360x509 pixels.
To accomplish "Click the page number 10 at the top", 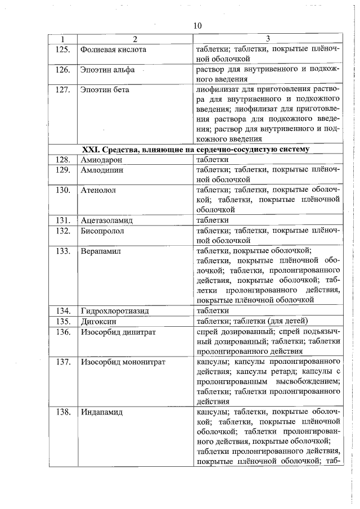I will [x=197, y=26].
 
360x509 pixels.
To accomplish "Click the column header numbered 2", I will [x=134, y=39].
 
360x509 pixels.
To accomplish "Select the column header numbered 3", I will [x=268, y=39].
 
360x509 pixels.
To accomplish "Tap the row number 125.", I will [x=63, y=49].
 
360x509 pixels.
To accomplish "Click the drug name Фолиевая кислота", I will [x=113, y=49].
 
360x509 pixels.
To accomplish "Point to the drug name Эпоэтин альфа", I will [x=106, y=71].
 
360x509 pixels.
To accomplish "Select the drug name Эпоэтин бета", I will [x=105, y=89].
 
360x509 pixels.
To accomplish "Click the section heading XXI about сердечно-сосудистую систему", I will [x=195, y=150].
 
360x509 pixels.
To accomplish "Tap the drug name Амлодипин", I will [x=101, y=170].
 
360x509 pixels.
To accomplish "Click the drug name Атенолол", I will [x=98, y=191].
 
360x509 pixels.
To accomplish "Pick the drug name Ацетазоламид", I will [x=106, y=220].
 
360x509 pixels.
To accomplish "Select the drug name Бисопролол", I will [x=102, y=230].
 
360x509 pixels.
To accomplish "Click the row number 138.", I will [x=63, y=412].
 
